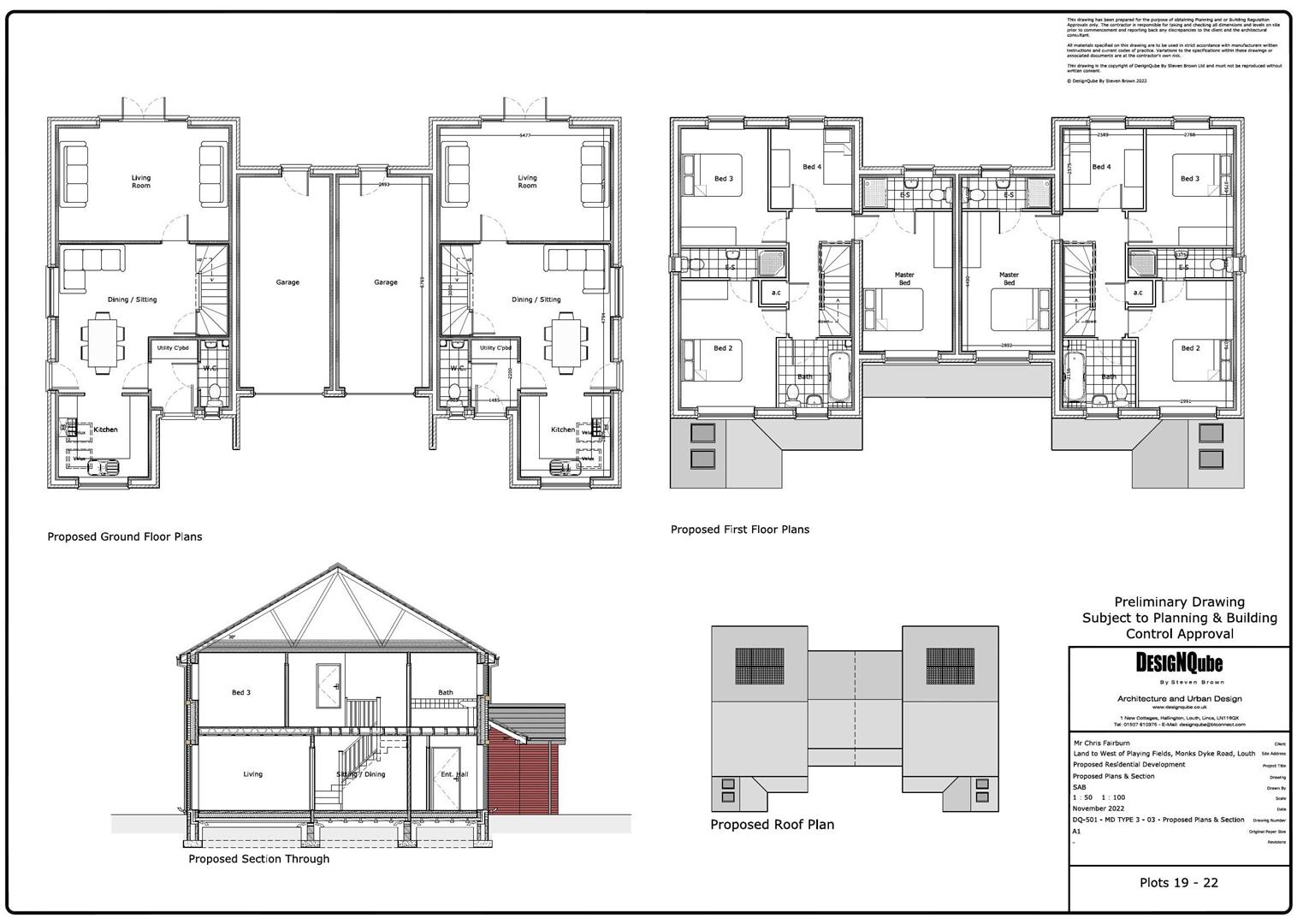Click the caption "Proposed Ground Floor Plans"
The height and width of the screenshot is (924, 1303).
(x=125, y=536)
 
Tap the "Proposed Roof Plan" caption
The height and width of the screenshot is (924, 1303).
(x=772, y=825)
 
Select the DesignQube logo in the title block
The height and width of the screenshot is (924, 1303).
(x=1179, y=663)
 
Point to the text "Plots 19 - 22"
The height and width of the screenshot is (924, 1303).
(x=1179, y=883)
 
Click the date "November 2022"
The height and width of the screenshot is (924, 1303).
(x=1099, y=808)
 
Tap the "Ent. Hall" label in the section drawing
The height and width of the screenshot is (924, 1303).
(x=454, y=774)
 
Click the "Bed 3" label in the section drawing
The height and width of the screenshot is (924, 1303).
(x=241, y=692)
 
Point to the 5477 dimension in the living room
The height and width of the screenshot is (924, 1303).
(x=525, y=136)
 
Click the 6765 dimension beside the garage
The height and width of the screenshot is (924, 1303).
(x=423, y=282)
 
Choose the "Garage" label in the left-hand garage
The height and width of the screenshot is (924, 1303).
(x=287, y=282)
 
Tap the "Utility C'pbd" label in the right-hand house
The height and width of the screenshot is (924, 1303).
(x=495, y=348)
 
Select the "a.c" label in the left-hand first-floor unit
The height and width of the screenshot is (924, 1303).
(x=776, y=293)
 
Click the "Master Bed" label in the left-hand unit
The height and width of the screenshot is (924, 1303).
(x=904, y=279)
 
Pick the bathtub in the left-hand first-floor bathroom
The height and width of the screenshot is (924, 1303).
(x=838, y=376)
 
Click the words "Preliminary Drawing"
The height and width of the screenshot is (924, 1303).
(x=1179, y=601)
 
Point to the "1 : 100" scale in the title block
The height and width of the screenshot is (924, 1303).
(x=1113, y=797)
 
